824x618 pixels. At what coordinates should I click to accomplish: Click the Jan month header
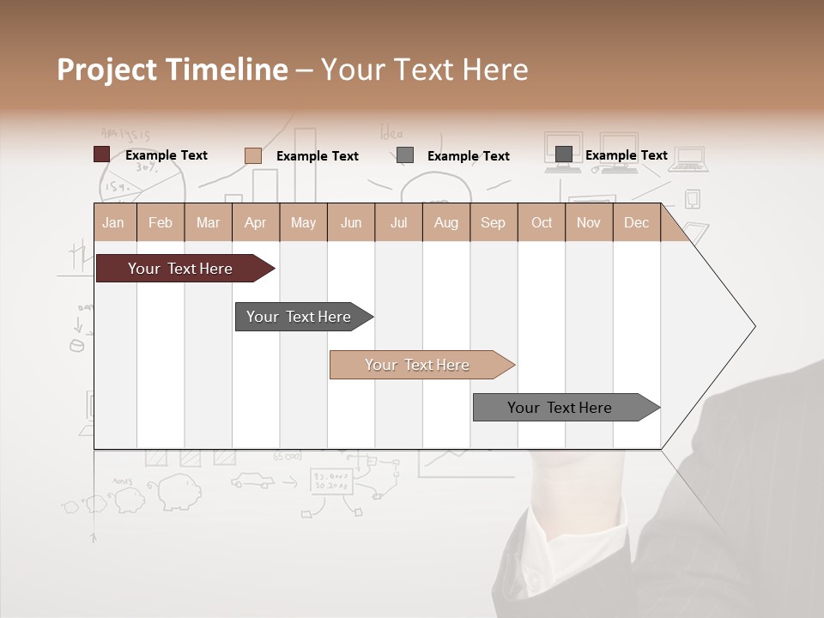pos(113,222)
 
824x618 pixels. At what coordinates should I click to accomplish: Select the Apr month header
pos(256,222)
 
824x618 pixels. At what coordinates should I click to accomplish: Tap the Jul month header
pos(398,222)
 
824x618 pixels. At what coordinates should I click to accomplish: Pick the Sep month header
pos(493,222)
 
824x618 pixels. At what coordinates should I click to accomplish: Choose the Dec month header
pos(636,222)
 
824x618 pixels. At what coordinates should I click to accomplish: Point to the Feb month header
pos(161,222)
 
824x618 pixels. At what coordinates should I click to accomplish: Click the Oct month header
pos(542,222)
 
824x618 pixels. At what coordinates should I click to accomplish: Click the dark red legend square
pos(102,154)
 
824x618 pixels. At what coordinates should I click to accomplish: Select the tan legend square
pos(253,155)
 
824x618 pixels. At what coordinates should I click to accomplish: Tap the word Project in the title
pos(105,70)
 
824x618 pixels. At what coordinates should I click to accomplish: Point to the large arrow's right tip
pos(754,326)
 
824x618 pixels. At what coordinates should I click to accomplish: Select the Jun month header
pos(351,222)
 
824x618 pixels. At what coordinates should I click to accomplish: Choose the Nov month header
pos(589,222)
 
